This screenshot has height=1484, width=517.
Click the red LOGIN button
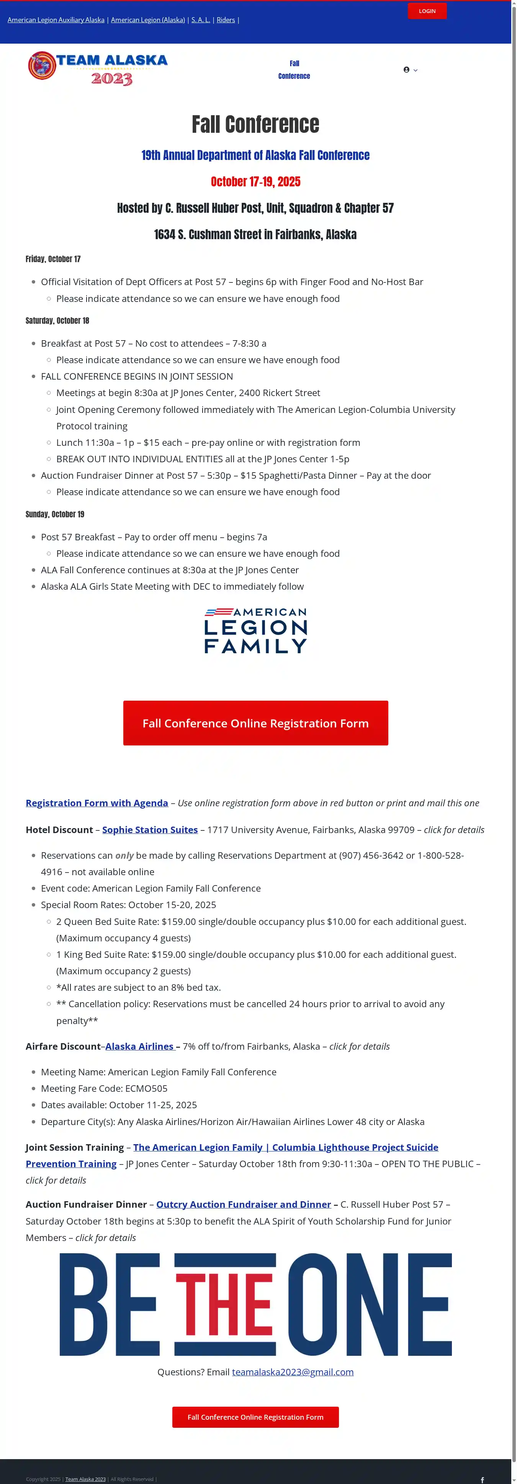coord(427,11)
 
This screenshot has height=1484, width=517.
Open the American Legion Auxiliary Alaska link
coord(56,20)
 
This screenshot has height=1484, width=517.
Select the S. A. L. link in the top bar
coord(201,20)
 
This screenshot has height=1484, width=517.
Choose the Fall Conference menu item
coord(294,70)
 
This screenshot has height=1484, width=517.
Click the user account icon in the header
coord(406,70)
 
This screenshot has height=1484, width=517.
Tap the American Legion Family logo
coord(255,631)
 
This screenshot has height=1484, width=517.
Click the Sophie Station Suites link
coord(150,830)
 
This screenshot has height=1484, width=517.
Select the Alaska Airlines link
coord(139,1046)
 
